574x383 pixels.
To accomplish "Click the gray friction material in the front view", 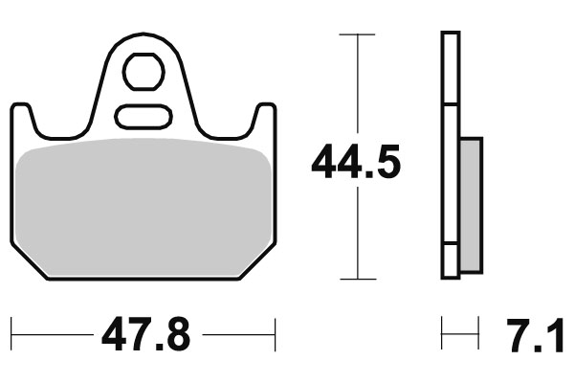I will point(143,206).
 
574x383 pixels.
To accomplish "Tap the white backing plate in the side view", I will point(449,153).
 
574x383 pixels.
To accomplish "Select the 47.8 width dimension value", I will point(143,335).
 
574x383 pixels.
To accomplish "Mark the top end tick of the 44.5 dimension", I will point(357,34).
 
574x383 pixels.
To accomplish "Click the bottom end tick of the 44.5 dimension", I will point(357,280).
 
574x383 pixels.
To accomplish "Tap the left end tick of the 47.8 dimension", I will point(11,335).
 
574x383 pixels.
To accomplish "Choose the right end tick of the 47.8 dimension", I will point(276,335).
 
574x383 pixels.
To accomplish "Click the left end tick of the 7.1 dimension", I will point(442,335).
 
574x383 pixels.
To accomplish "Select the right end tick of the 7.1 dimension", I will point(477,335).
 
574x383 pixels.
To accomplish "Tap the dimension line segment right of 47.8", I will point(239,335).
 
